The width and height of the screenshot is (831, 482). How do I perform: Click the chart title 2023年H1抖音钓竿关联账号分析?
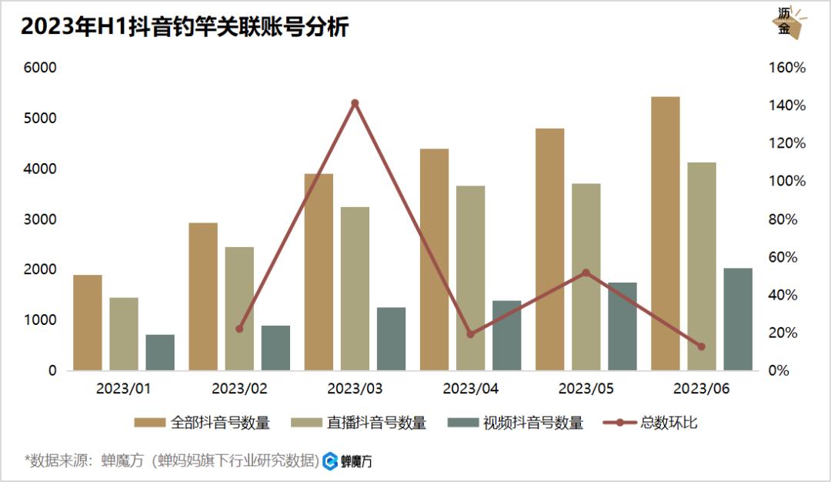coord(185,27)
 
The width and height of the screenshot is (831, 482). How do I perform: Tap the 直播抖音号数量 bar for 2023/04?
coord(470,278)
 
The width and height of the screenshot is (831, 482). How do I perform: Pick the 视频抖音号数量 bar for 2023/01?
coord(160,352)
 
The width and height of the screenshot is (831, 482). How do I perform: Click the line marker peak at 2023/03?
coord(355,103)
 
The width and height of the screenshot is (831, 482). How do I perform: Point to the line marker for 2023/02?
coord(239,329)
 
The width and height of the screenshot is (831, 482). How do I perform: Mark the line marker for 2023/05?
coord(586,273)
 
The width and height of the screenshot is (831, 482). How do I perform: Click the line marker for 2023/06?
coord(701,346)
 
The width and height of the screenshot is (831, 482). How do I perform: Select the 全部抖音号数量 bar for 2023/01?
coord(88,323)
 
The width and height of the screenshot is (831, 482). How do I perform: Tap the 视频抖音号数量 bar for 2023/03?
coord(391,339)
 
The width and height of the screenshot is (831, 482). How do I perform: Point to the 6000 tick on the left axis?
coord(42,68)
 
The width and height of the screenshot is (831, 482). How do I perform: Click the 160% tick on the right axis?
coord(787,68)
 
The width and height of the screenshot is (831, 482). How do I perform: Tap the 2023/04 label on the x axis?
coord(471,389)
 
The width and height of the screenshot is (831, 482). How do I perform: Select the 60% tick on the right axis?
coord(787,257)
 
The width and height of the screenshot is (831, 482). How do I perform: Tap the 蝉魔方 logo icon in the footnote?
coord(330,461)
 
